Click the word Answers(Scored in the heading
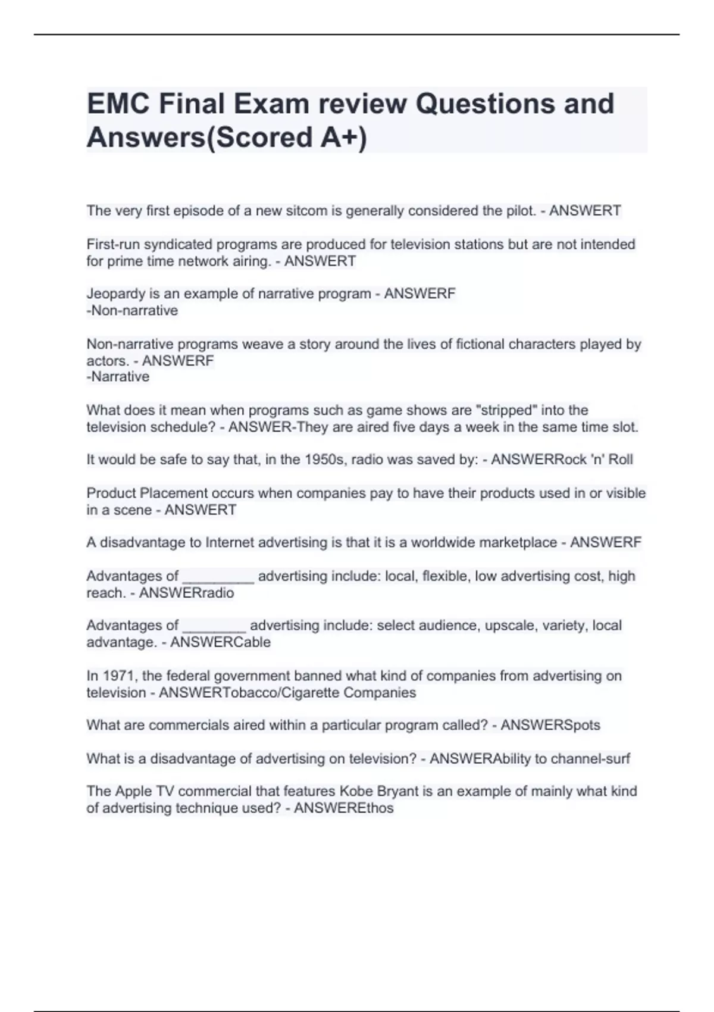[x=200, y=138]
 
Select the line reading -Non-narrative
[x=132, y=310]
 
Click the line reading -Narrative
[x=118, y=376]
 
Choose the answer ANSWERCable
[x=220, y=642]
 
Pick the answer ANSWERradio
[x=186, y=593]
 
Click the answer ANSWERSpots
[x=550, y=725]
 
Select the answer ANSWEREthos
[x=343, y=808]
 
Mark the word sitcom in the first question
[x=277, y=211]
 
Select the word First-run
[x=113, y=244]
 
